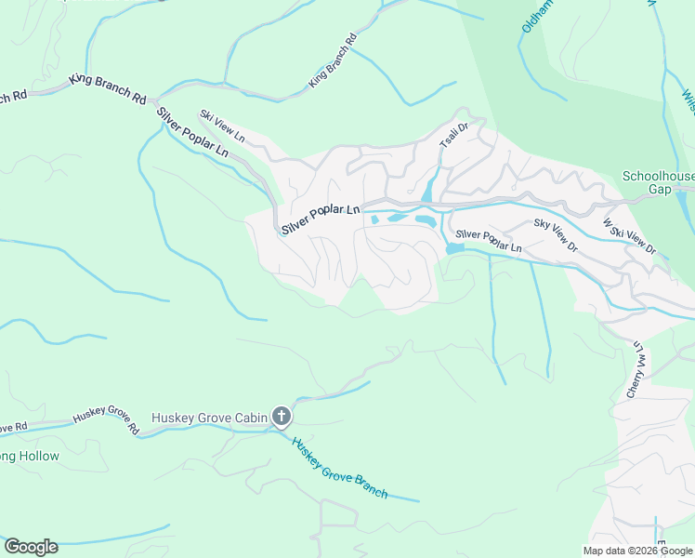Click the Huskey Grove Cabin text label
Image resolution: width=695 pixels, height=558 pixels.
tap(209, 418)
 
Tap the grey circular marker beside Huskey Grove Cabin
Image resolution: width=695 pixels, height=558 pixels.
tap(282, 418)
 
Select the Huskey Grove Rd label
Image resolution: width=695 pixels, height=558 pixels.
tap(105, 423)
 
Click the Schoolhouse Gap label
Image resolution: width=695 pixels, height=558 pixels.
tap(657, 182)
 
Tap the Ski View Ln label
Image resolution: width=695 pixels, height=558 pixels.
tap(223, 126)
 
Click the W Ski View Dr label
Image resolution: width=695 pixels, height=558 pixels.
tap(629, 237)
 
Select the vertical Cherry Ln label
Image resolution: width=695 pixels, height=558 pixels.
tap(636, 370)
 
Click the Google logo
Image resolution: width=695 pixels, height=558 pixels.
tap(31, 547)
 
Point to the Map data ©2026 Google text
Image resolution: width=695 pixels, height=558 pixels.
tap(637, 551)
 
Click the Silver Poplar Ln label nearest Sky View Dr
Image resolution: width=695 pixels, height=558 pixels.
tap(489, 243)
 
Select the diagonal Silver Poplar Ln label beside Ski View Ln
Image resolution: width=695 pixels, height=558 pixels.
tap(192, 132)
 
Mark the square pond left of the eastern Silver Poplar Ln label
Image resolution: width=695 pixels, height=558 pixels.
tap(454, 248)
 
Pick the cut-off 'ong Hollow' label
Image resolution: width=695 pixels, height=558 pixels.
tap(30, 456)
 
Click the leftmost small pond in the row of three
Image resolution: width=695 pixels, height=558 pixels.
tap(374, 220)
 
